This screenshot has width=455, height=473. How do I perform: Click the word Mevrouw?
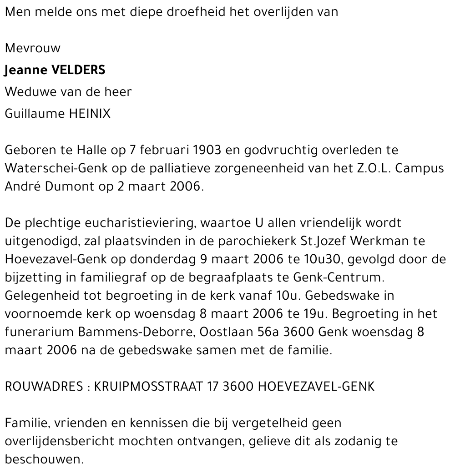tap(32, 48)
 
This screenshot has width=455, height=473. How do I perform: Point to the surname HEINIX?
tap(90, 113)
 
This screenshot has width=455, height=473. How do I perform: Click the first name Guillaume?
tap(35, 113)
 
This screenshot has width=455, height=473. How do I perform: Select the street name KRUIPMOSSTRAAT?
tap(147, 387)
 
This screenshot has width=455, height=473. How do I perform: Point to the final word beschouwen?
tap(44, 459)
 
